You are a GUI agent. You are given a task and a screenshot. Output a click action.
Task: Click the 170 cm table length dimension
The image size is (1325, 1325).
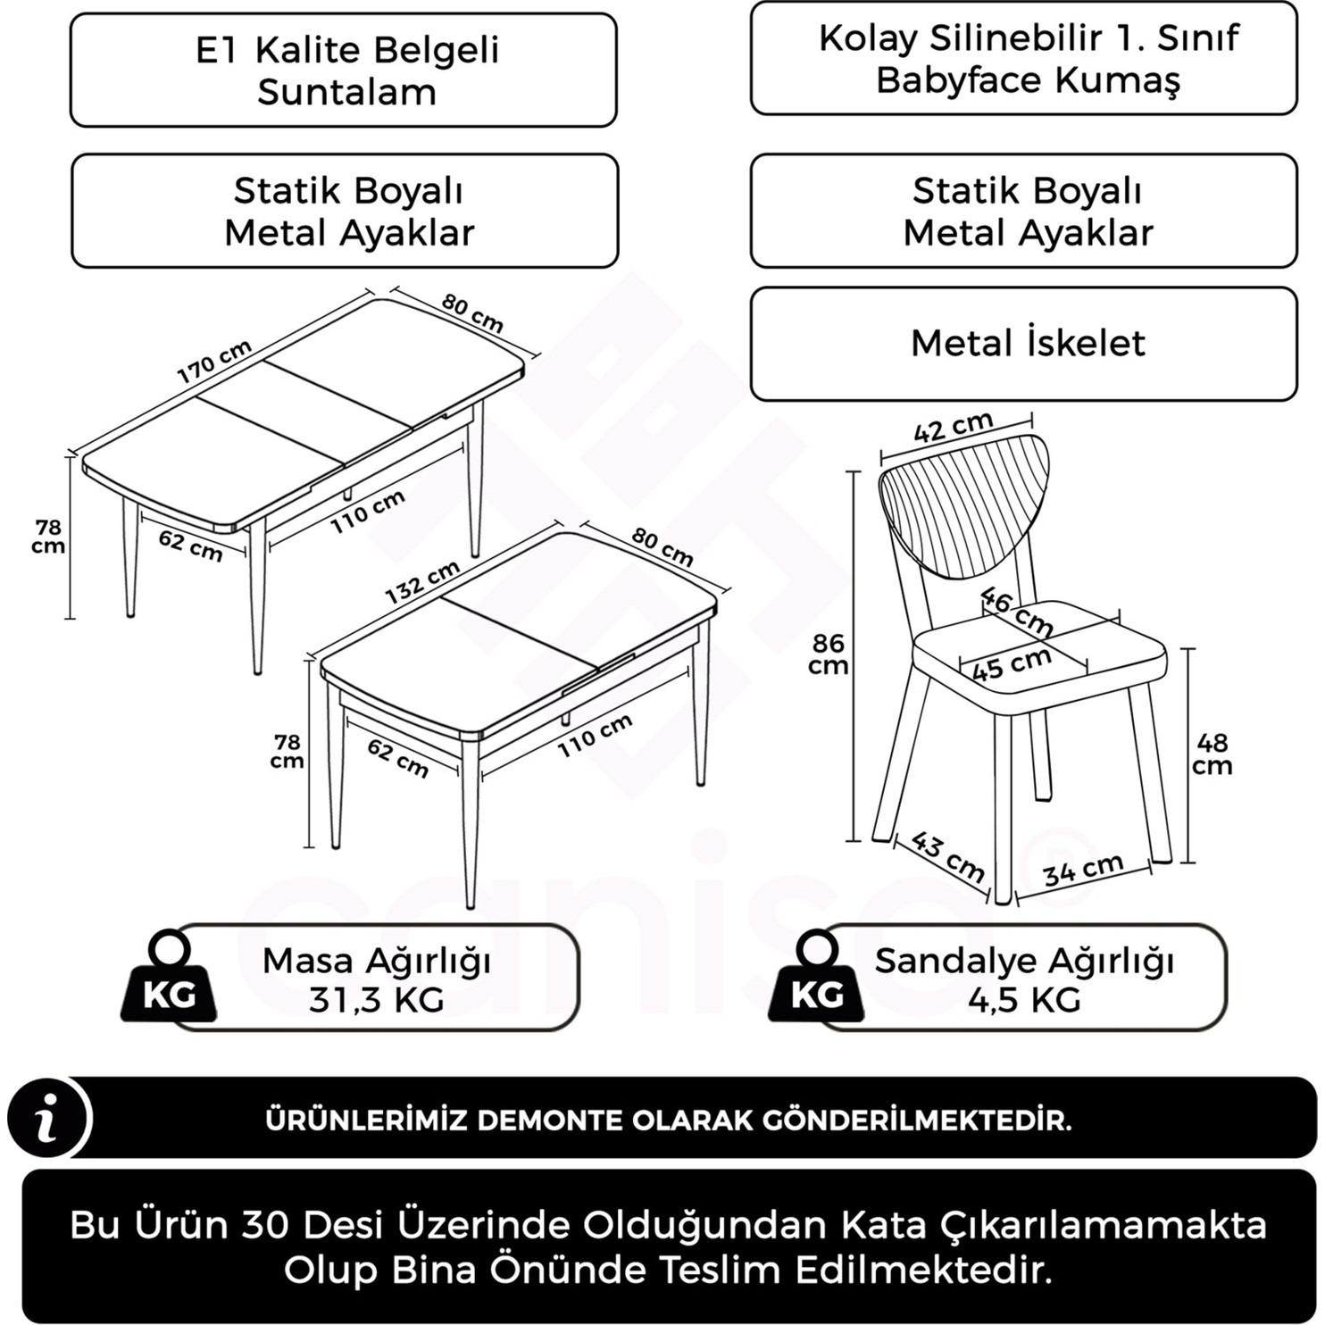(214, 360)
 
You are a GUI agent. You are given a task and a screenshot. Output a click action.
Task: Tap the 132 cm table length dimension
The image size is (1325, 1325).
(422, 581)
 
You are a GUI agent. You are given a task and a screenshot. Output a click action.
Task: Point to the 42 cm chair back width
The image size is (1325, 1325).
(953, 428)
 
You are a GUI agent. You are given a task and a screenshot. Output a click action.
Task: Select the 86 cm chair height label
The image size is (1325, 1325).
(828, 654)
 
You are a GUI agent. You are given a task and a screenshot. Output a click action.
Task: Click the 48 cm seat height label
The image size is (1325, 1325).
(1212, 754)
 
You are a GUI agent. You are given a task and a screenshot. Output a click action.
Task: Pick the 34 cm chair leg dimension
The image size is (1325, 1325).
(1082, 870)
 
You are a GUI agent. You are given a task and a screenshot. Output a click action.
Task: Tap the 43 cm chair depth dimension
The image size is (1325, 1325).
(948, 855)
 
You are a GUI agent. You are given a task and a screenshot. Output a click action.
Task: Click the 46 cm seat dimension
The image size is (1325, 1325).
(1016, 610)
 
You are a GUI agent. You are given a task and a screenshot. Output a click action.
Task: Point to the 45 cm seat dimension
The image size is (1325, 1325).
(1012, 664)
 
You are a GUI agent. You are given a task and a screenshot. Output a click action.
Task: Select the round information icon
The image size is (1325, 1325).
(47, 1118)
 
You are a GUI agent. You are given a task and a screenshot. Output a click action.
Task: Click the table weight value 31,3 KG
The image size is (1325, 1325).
(376, 1000)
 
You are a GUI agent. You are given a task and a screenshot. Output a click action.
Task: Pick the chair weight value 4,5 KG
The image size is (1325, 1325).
(1024, 1000)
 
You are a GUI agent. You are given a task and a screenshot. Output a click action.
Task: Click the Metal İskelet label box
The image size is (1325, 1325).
(1024, 344)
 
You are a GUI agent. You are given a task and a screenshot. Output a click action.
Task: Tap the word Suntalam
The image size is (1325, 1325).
(346, 92)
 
